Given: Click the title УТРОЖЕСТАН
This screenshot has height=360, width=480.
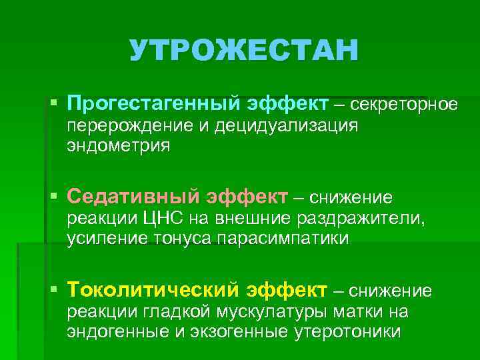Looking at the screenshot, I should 244,51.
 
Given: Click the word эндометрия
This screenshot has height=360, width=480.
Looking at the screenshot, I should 118,145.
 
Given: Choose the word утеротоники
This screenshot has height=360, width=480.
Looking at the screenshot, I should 347,332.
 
